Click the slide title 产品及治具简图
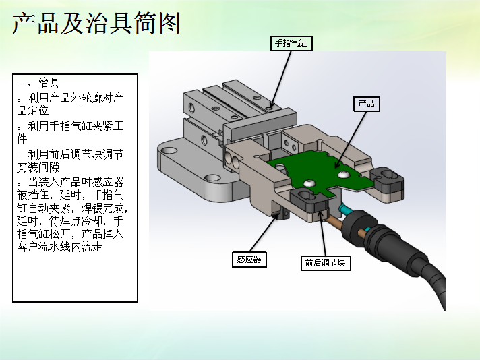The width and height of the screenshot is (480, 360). coord(96,23)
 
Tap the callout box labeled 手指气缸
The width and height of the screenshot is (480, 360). coord(291,43)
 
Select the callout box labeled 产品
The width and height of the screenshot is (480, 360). coord(367,104)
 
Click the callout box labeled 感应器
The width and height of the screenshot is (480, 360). coord(249,260)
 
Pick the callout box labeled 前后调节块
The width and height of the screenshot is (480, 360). coord(326,263)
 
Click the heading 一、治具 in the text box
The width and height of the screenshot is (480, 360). coord(38,82)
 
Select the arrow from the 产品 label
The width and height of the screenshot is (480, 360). coord(351,140)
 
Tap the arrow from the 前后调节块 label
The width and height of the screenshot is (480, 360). coord(322,233)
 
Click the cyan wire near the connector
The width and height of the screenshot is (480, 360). coord(346,211)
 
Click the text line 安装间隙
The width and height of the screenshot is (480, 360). coord(38,167)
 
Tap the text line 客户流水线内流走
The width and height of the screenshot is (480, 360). coord(60,247)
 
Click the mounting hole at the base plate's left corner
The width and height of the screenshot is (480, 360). coord(169,150)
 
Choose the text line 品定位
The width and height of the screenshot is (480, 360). coord(33,110)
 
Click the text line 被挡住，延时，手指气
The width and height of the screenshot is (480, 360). coord(70,195)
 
